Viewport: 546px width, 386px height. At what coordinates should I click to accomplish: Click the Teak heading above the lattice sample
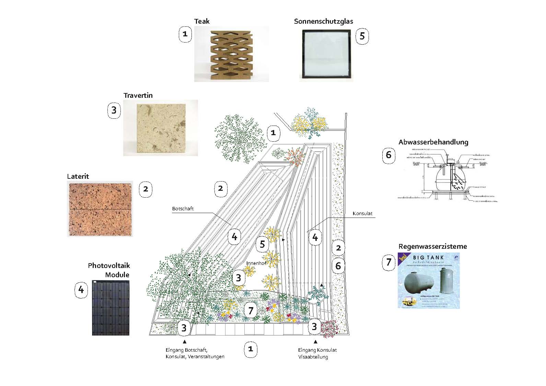202,21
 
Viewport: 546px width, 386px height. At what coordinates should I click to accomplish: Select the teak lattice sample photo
232,54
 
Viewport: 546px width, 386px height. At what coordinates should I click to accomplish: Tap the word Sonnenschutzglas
323,21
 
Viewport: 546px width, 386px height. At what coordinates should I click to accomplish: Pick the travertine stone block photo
161,128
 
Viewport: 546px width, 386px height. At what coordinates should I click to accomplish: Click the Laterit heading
78,176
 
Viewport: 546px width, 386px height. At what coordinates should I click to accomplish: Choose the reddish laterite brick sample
100,209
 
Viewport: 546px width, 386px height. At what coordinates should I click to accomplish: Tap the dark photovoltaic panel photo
111,308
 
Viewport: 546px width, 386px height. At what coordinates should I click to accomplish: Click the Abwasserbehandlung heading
433,142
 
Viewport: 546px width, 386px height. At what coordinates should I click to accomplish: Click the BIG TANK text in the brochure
428,257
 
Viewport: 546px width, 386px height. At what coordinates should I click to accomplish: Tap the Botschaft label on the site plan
183,209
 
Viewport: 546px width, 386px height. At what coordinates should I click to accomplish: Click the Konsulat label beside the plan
362,213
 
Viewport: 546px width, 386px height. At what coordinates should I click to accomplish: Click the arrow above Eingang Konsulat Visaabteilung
316,341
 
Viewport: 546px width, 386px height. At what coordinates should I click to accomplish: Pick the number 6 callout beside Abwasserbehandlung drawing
388,155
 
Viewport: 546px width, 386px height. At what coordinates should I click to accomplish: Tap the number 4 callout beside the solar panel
81,290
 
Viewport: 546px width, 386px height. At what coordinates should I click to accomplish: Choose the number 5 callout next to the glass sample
362,36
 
